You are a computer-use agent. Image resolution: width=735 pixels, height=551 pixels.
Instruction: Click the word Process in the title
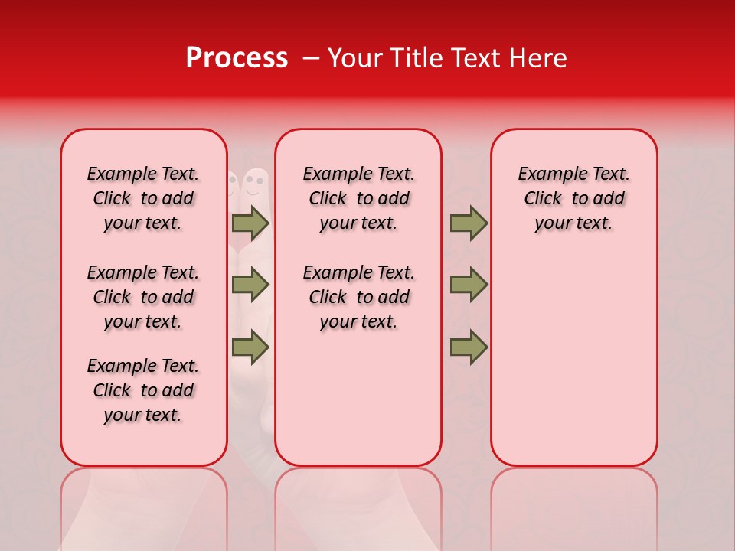pos(236,58)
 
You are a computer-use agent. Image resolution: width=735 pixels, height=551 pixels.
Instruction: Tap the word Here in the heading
pos(538,58)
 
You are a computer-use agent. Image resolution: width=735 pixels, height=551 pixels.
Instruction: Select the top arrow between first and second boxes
pos(250,223)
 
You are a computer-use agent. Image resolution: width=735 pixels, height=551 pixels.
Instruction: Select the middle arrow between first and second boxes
pos(250,285)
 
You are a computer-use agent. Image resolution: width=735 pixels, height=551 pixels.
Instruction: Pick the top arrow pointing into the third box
pos(469,223)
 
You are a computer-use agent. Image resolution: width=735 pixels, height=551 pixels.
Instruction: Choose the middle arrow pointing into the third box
pos(469,285)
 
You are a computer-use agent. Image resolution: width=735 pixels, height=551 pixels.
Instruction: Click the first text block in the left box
pos(143,198)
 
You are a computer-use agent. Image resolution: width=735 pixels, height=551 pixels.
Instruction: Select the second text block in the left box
pos(143,297)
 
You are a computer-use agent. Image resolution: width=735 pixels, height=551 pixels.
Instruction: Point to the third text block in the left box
pos(143,390)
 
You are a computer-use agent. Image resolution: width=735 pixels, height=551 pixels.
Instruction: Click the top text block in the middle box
pos(358,198)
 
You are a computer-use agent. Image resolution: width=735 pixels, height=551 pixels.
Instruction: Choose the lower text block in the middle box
pos(358,297)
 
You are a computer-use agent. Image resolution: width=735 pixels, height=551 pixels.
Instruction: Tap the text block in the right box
pos(573,198)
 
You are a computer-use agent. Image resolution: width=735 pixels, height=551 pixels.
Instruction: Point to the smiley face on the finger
pos(255,183)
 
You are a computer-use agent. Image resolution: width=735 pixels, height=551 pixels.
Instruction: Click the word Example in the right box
pos(547,174)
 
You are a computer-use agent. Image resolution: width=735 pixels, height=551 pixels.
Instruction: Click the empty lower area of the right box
pos(573,360)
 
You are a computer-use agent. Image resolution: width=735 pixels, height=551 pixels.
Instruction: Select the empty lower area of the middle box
pos(358,398)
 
